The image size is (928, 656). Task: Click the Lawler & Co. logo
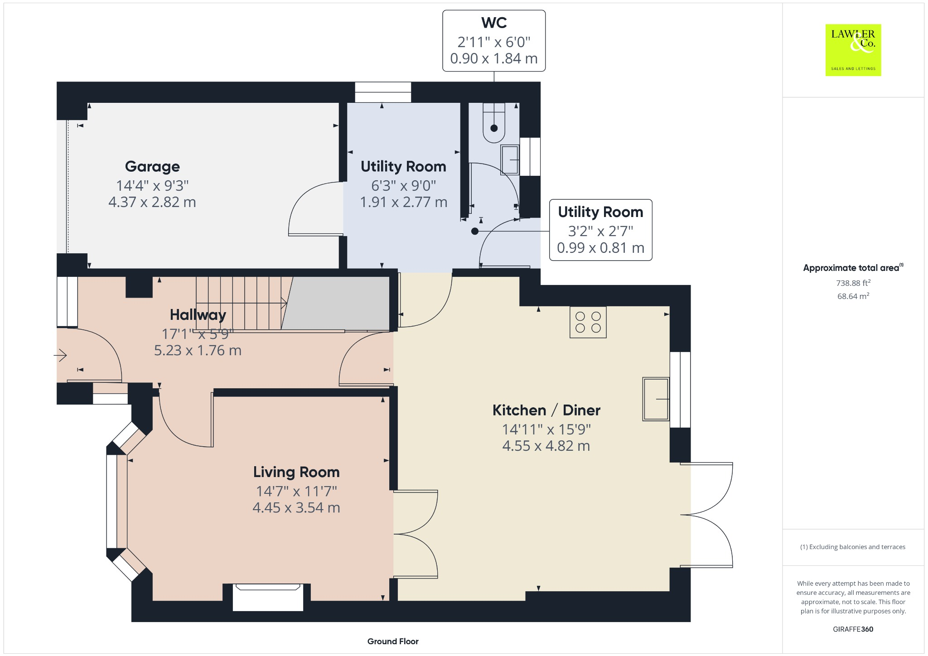[x=853, y=50]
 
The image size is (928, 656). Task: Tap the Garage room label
[x=152, y=167]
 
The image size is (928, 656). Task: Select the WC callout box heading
[x=494, y=23]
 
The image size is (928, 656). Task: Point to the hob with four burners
[x=588, y=322]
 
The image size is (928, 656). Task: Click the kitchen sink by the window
[x=656, y=399]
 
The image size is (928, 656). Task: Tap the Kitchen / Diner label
[x=546, y=410]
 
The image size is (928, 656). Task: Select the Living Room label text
[x=296, y=472]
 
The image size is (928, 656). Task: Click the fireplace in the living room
[x=268, y=598]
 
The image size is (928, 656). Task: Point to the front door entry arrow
[x=61, y=355]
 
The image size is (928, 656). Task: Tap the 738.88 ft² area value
[x=853, y=283]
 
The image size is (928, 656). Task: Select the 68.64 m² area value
[x=853, y=296]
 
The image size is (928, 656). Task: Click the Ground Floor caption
[x=393, y=641]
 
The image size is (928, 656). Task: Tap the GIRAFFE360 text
[x=853, y=629]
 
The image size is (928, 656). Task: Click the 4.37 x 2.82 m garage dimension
[x=152, y=202]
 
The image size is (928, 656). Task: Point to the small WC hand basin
[x=510, y=159]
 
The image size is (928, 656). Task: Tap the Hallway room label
[x=198, y=315]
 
